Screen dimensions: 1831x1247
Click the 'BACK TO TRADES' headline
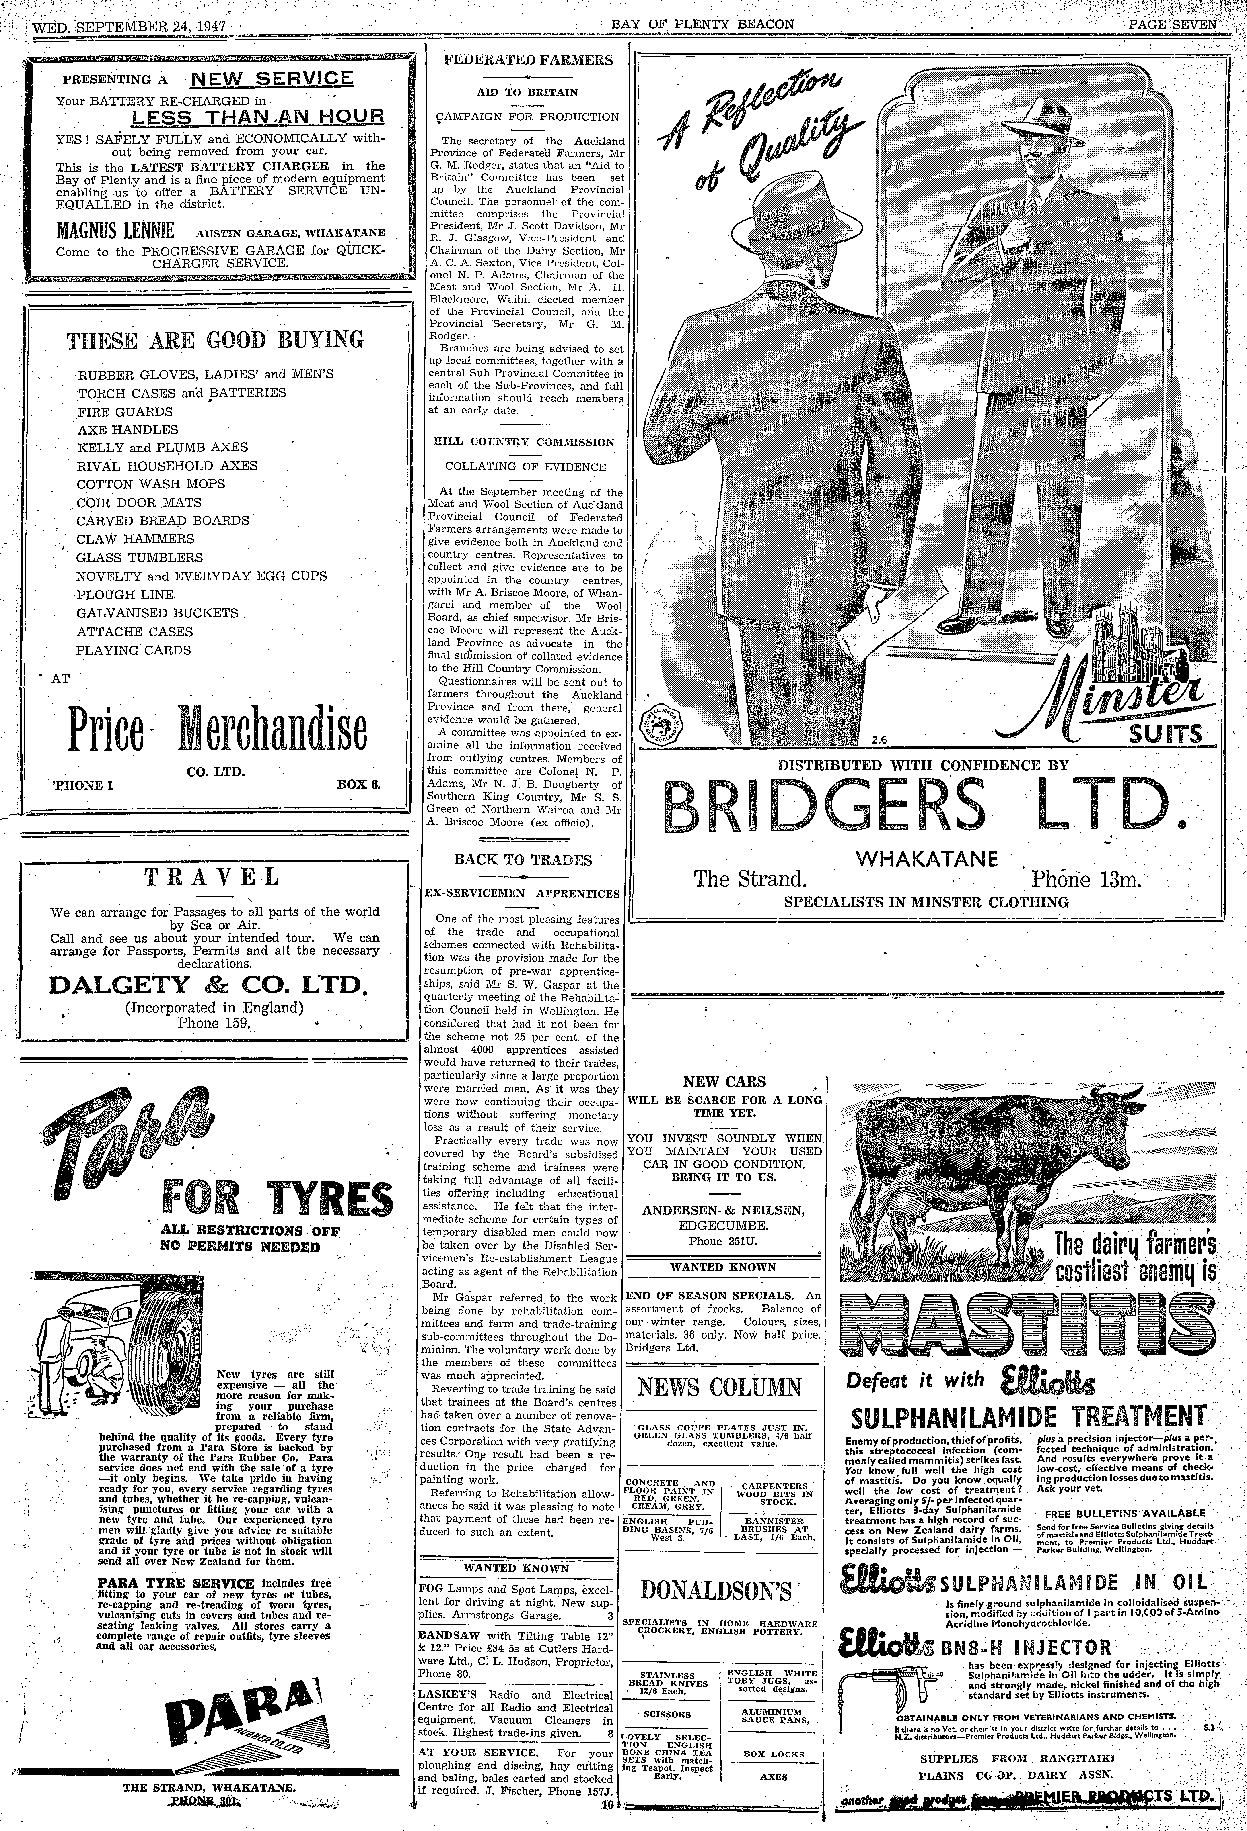pos(523,860)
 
